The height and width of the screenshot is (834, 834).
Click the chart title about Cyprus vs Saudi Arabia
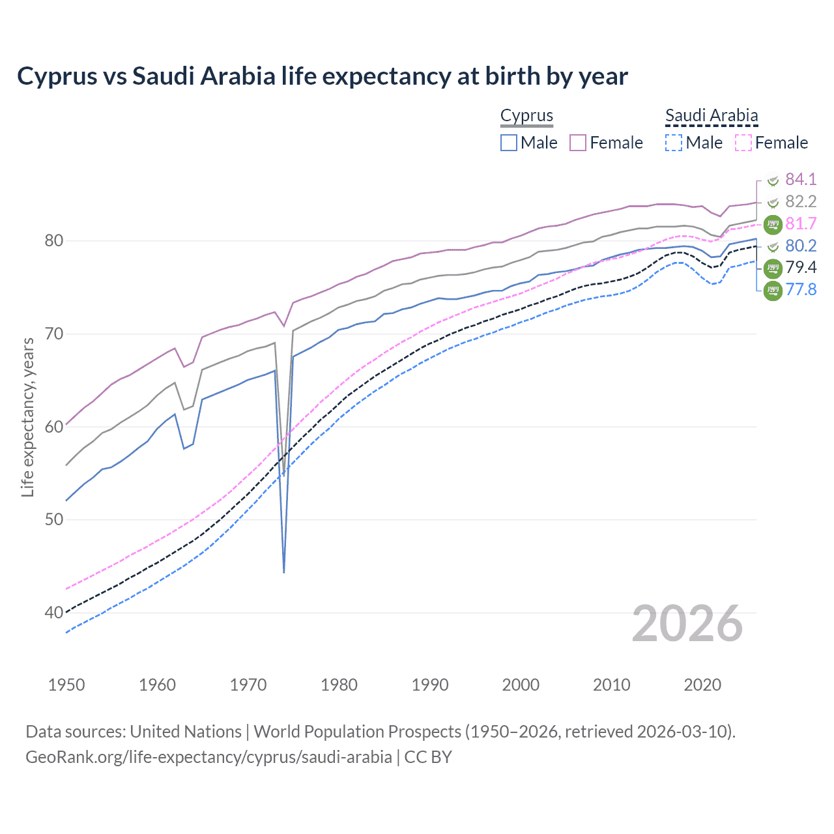[323, 76]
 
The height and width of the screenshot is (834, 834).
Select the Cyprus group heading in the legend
[526, 115]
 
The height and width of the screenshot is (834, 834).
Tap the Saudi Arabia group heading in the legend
[712, 115]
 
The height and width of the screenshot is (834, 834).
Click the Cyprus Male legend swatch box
[509, 143]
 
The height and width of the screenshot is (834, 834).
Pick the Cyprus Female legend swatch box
[578, 143]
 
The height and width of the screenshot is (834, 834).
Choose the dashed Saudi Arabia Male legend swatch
[674, 143]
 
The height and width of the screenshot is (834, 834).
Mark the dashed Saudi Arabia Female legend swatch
[743, 143]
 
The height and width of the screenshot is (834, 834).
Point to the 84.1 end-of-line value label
[801, 179]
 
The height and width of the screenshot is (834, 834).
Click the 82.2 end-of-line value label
[801, 201]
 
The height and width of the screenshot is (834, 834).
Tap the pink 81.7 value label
[801, 223]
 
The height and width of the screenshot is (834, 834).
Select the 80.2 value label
[801, 246]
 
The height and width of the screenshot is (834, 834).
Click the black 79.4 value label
[801, 267]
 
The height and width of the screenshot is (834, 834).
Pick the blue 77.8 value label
[801, 289]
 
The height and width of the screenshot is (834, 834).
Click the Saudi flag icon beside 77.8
[773, 290]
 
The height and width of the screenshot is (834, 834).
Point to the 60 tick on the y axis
[54, 427]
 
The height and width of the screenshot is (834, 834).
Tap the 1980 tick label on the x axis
[339, 685]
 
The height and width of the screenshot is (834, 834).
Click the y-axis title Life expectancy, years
[27, 417]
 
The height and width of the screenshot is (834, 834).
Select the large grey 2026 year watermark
[687, 624]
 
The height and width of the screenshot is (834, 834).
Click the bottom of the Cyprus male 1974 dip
[284, 572]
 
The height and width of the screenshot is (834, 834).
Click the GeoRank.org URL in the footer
[208, 756]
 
